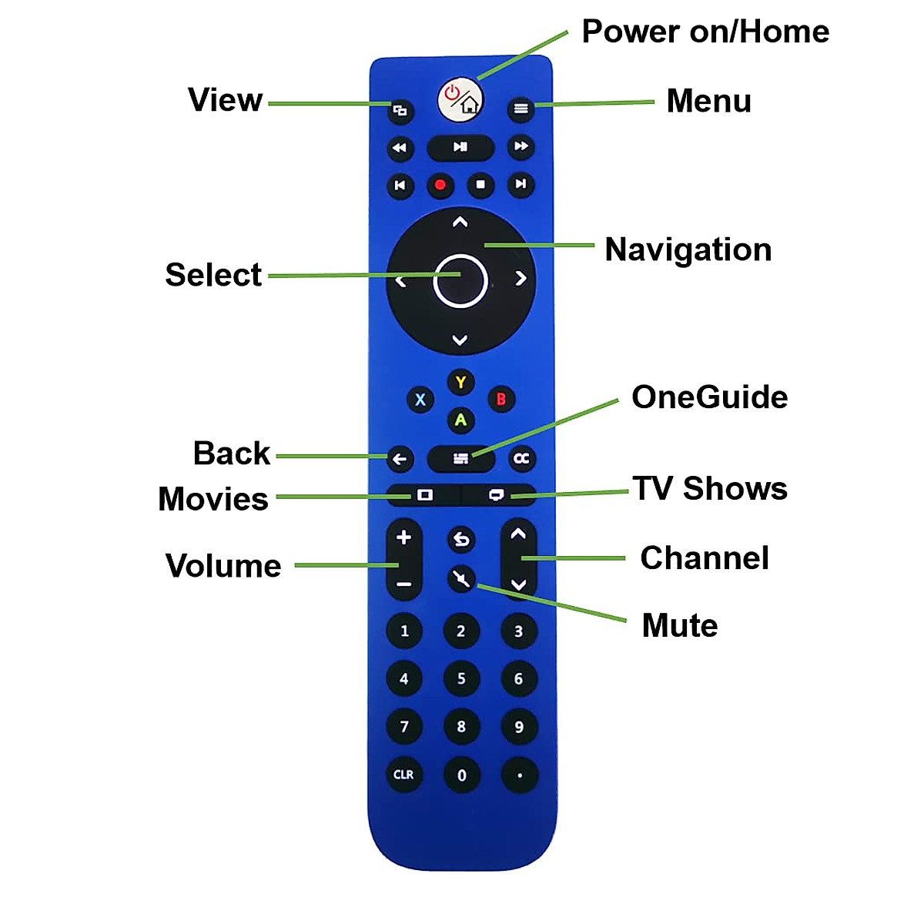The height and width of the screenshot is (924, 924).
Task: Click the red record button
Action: click(440, 185)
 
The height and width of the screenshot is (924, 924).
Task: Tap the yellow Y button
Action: click(460, 382)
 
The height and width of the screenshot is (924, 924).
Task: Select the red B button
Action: click(501, 399)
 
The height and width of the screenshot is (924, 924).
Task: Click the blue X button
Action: click(420, 400)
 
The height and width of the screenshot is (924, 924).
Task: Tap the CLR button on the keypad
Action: click(403, 775)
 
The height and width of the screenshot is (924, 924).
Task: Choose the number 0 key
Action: click(461, 775)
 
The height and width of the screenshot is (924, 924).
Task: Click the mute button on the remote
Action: click(461, 578)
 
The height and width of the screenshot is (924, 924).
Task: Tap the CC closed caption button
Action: click(521, 459)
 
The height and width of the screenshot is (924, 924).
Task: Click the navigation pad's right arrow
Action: click(521, 278)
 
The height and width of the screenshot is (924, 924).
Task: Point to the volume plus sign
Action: click(403, 537)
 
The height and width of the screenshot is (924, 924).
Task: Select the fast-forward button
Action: click(521, 146)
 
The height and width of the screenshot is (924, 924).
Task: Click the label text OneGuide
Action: click(709, 397)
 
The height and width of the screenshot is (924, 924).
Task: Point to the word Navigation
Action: click(688, 249)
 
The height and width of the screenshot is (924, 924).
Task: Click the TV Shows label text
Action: click(710, 489)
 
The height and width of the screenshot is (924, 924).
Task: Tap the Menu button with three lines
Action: click(521, 109)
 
